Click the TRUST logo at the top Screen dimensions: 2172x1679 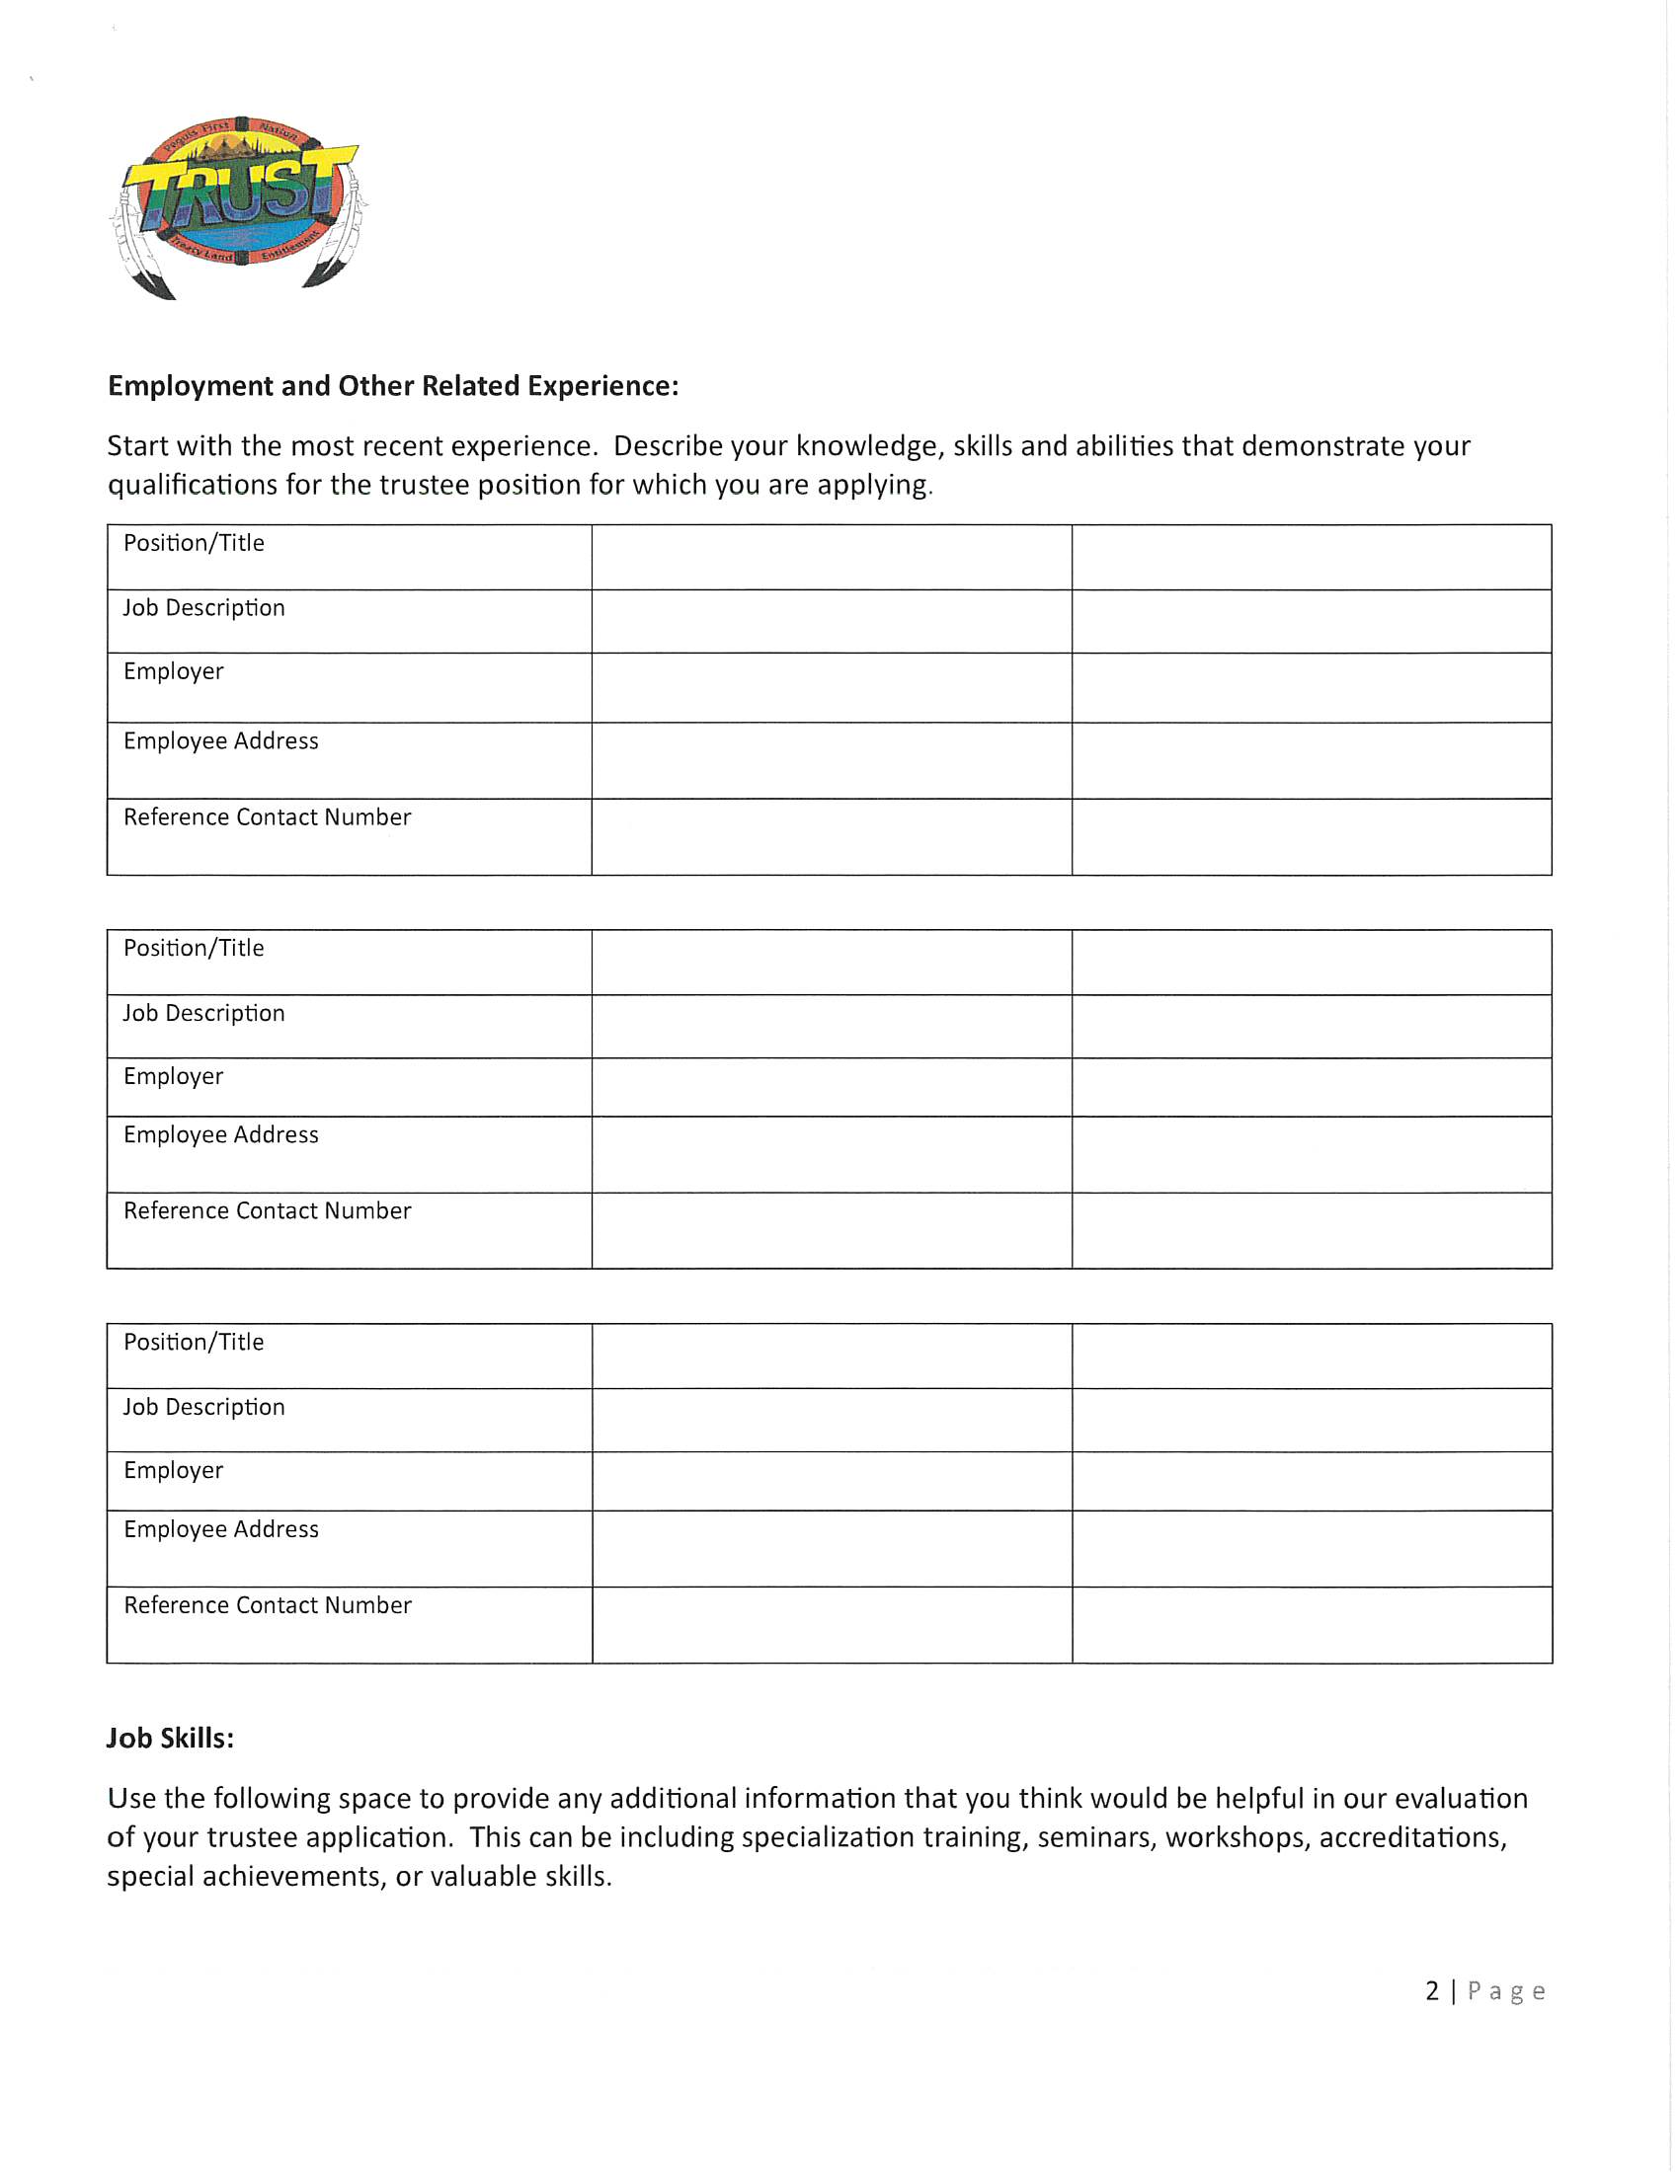pos(239,206)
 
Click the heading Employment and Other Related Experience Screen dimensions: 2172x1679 pos(393,386)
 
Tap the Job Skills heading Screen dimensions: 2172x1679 pos(170,1738)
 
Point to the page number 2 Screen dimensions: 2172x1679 pos(1432,1990)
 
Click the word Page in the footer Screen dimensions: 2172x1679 pos(1506,1991)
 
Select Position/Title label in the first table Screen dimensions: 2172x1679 pos(194,543)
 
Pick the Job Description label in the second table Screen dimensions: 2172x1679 pos(203,1013)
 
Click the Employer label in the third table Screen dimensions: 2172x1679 pos(173,1470)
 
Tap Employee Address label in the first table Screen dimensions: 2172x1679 pos(221,740)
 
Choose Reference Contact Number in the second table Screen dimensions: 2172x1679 pos(267,1210)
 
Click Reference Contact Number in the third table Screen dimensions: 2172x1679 pos(267,1605)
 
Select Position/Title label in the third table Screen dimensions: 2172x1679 pos(194,1343)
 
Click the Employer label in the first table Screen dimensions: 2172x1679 pos(173,671)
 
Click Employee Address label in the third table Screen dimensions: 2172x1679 pos(221,1529)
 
